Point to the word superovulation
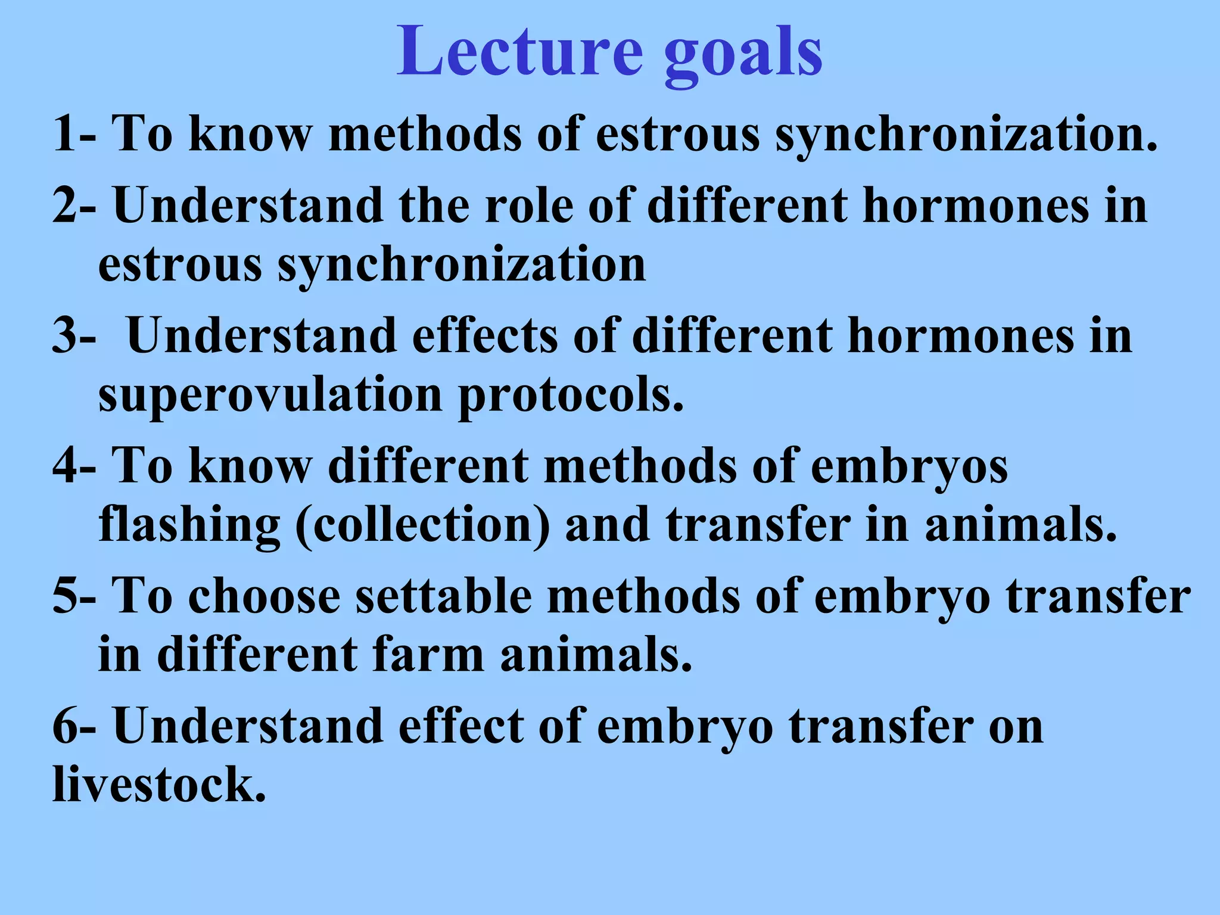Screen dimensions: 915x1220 (270, 396)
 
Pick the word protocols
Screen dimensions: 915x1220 (571, 396)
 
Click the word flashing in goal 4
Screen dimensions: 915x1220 (189, 525)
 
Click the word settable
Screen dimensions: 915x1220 (444, 596)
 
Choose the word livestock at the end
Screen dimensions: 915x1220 (159, 785)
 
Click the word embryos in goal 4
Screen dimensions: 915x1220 (910, 466)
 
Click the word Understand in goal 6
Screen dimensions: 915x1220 (248, 726)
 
